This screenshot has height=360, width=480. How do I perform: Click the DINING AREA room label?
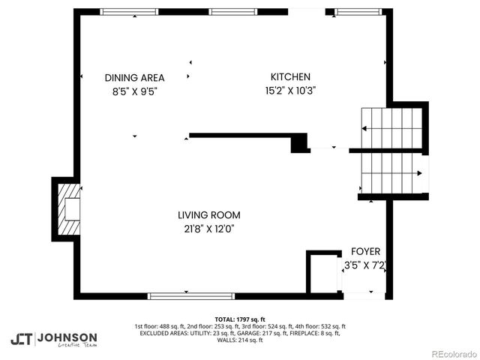(x=134, y=77)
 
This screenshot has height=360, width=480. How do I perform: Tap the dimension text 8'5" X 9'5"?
(x=134, y=91)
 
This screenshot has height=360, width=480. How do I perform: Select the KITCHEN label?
(x=290, y=76)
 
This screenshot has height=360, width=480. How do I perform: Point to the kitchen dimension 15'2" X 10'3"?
(x=290, y=91)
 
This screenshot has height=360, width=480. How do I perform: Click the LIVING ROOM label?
(x=209, y=215)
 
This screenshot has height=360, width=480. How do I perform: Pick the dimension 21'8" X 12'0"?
(x=209, y=229)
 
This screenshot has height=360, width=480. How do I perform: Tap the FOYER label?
(x=366, y=251)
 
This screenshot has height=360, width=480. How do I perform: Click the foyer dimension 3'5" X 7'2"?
(x=364, y=265)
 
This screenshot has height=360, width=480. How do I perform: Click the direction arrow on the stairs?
(x=418, y=174)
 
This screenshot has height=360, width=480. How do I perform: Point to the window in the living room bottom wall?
(x=186, y=295)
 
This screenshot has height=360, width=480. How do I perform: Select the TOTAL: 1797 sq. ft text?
(x=240, y=319)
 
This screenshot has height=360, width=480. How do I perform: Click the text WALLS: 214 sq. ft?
(x=240, y=340)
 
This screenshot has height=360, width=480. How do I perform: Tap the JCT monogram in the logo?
(x=22, y=339)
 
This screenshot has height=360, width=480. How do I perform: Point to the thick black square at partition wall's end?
(x=300, y=142)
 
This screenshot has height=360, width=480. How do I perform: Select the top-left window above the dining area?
(x=124, y=11)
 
